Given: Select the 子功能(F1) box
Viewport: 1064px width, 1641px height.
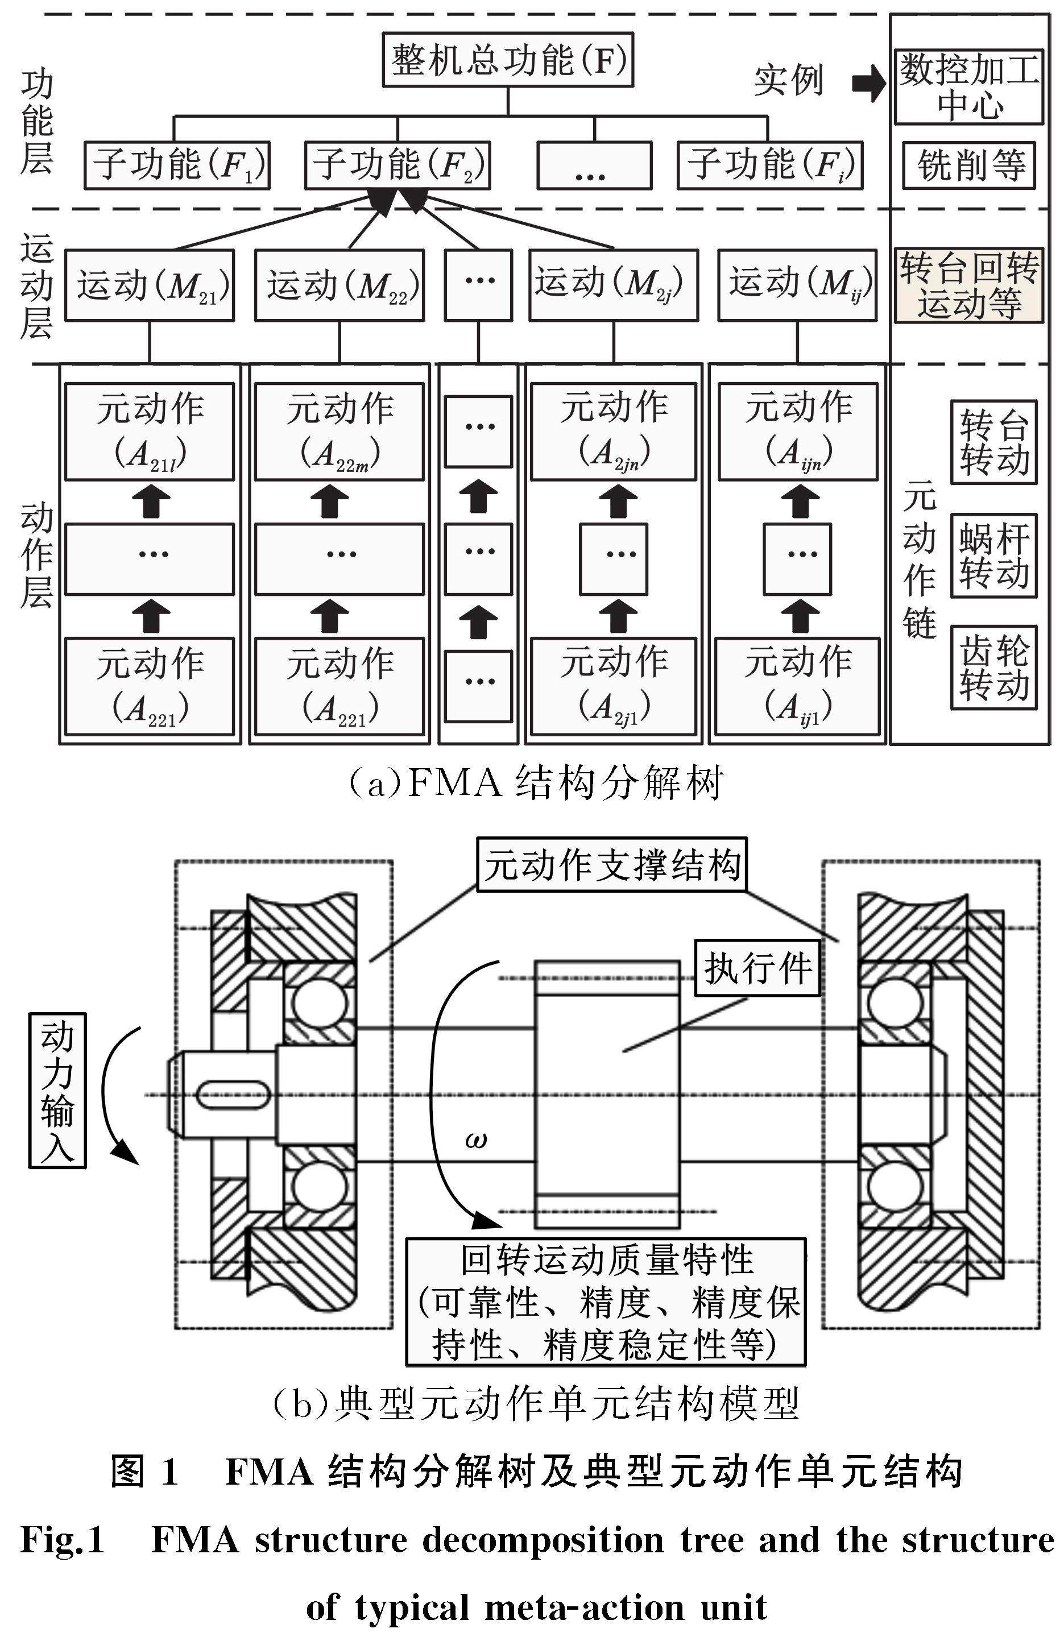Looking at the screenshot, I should (x=176, y=165).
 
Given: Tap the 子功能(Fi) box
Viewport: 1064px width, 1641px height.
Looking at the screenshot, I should (x=769, y=165).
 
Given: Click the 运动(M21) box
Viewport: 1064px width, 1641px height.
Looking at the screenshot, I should (x=150, y=285).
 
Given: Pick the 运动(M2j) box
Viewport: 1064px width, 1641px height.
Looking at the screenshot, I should (x=613, y=285).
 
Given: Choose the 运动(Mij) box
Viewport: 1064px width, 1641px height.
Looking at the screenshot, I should (x=797, y=285).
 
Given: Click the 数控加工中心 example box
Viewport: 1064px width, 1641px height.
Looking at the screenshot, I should (x=968, y=87).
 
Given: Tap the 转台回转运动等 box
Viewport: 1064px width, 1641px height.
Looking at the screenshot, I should (x=968, y=285).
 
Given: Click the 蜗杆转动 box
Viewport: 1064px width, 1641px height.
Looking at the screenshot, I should (x=993, y=555).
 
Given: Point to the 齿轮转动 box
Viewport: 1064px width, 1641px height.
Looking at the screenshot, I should (x=993, y=667).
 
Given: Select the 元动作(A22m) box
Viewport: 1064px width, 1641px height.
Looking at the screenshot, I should (x=340, y=432).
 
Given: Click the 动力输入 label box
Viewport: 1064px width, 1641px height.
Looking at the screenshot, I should (x=57, y=1090).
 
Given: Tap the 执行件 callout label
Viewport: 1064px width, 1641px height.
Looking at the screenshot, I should (x=756, y=968).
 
